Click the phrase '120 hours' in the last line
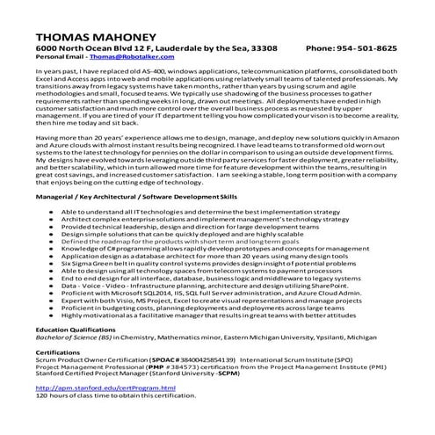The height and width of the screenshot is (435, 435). pyautogui.click(x=51, y=395)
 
